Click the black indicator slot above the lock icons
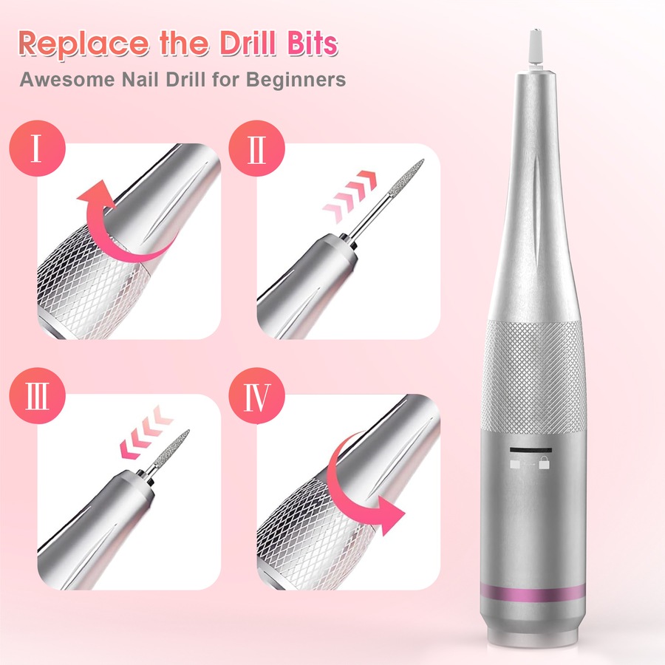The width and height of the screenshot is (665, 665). click(528, 449)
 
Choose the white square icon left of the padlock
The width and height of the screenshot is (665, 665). click(515, 463)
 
